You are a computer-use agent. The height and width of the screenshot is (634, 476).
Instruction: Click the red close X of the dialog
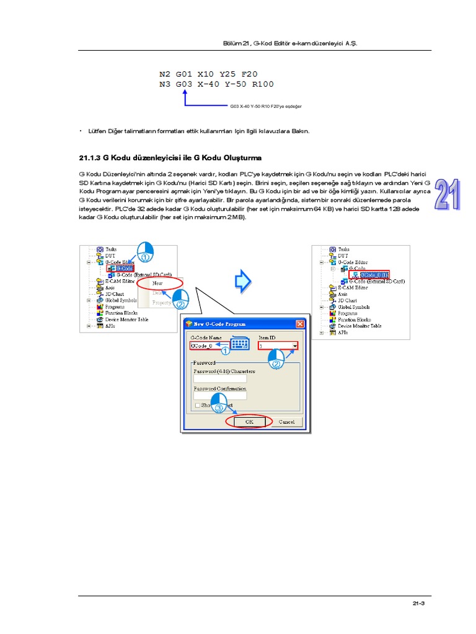pyautogui.click(x=300, y=324)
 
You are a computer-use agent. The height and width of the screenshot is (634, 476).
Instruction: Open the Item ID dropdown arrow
pyautogui.click(x=295, y=346)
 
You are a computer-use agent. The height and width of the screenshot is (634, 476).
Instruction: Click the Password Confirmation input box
pyautogui.click(x=220, y=396)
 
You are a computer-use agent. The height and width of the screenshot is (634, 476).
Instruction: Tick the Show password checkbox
pyautogui.click(x=197, y=405)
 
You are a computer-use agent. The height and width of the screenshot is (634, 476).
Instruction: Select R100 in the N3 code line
pyautogui.click(x=260, y=84)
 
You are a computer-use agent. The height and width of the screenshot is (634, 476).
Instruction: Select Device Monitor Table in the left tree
pyautogui.click(x=126, y=319)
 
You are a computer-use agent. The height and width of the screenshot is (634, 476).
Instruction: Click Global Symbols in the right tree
pyautogui.click(x=355, y=307)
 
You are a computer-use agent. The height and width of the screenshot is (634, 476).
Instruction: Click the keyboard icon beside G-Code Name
pyautogui.click(x=240, y=344)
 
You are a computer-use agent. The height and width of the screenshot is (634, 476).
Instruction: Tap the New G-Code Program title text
pyautogui.click(x=220, y=324)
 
